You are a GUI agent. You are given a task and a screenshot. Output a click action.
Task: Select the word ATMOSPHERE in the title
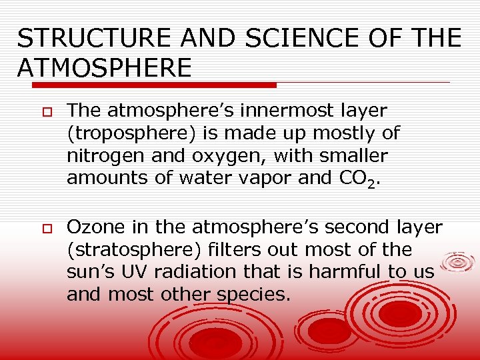click(105, 67)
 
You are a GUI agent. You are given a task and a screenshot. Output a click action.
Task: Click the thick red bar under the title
click(147, 85)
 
